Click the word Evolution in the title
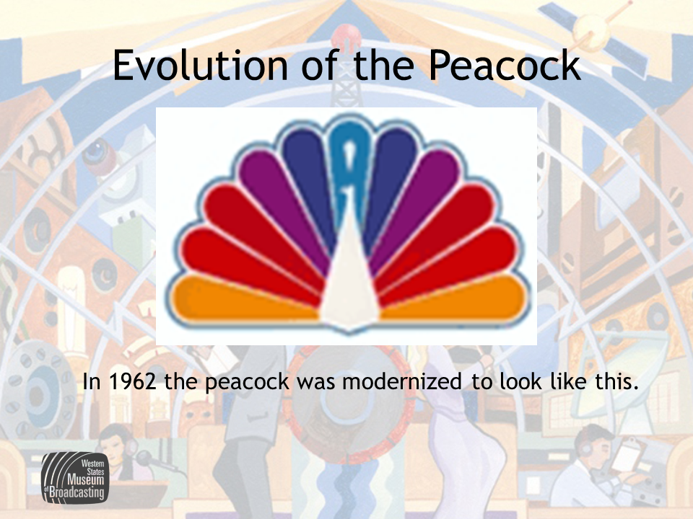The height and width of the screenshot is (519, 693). click(200, 65)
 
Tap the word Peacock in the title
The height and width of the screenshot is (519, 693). click(505, 65)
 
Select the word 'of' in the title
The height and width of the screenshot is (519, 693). click(321, 65)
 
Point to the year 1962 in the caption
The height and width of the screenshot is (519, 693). click(133, 381)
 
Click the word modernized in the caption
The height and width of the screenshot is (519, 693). click(402, 381)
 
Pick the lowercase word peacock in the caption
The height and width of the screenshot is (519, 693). click(247, 383)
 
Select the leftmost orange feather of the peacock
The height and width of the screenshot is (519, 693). click(243, 297)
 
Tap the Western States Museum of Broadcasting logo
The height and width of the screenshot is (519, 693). click(75, 477)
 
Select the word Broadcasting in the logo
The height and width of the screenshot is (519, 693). click(77, 492)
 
